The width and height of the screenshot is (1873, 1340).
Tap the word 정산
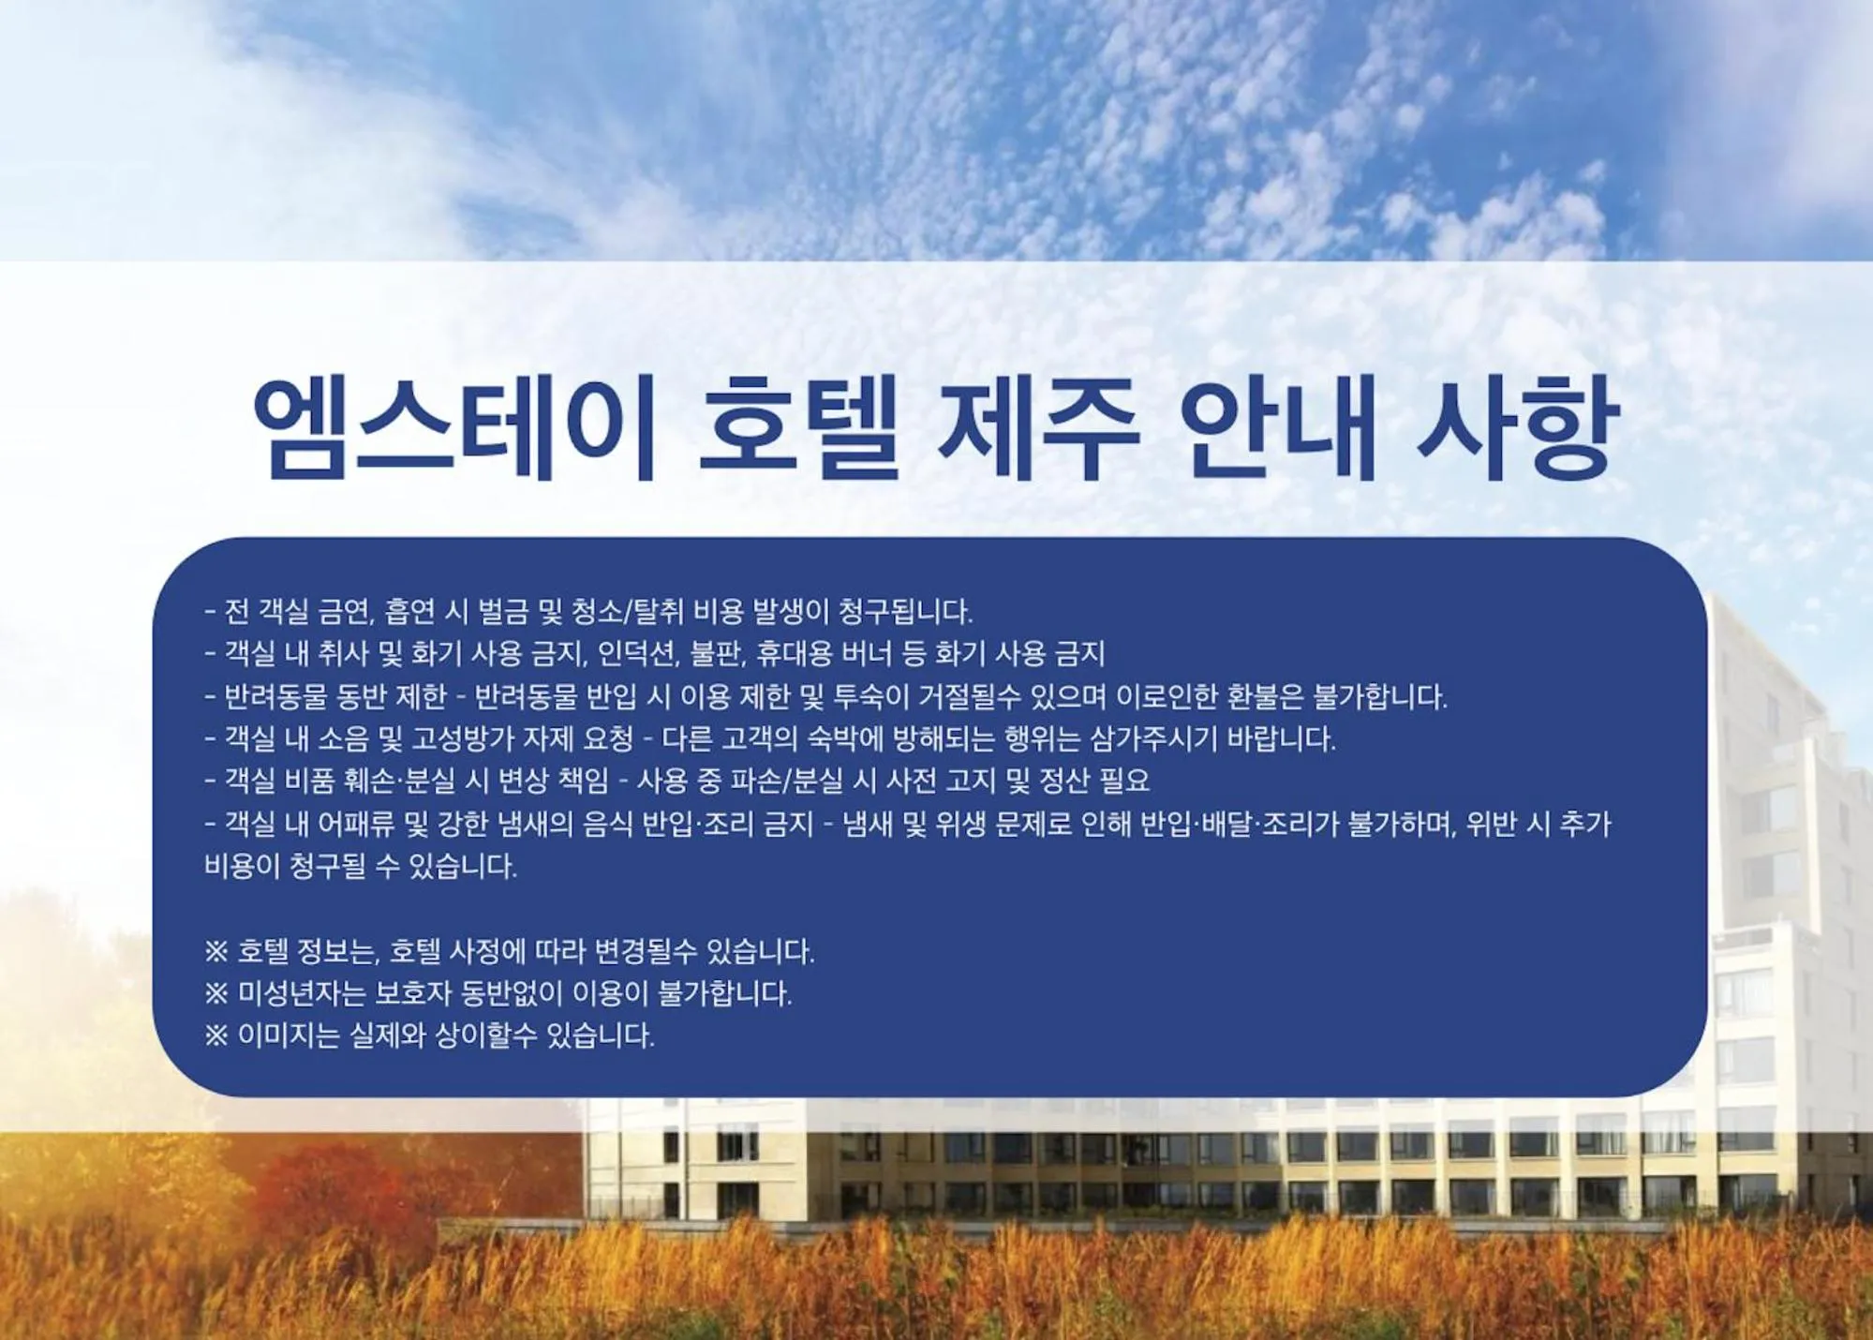coord(1065,781)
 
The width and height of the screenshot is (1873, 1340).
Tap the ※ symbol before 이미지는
coord(216,1035)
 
